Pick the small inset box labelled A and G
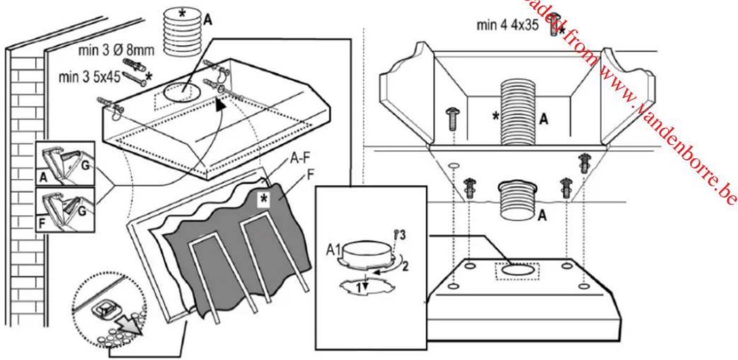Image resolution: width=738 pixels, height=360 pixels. click(64, 163)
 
